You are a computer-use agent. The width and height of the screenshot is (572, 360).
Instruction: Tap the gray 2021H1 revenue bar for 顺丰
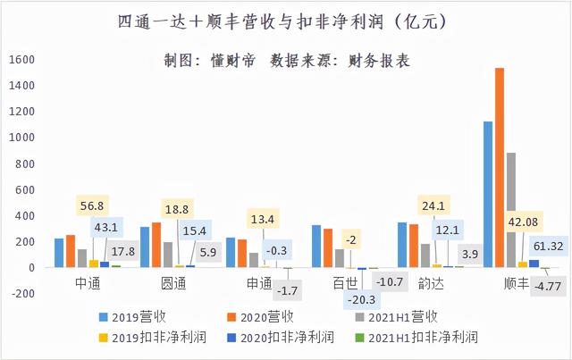pos(511,210)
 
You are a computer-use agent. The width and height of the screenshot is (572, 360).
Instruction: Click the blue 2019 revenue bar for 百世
pos(315,246)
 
